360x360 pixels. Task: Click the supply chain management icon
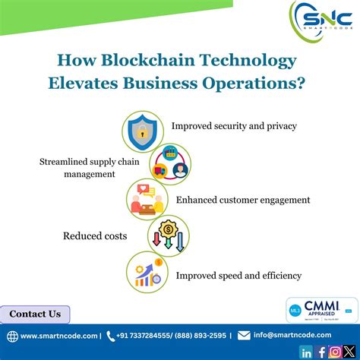[x=169, y=164]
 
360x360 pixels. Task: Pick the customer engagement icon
[x=147, y=201]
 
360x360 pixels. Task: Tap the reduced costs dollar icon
[x=168, y=235]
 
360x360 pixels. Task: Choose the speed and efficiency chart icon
[x=147, y=272]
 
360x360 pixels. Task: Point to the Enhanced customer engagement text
[x=243, y=200]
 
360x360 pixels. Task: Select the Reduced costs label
[x=94, y=236]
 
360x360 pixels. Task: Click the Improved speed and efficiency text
[x=238, y=276]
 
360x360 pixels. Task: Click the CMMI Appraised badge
[x=321, y=310]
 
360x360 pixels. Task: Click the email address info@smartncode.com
[x=292, y=335]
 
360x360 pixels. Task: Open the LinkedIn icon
[x=306, y=352]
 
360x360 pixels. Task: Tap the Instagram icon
[x=335, y=352]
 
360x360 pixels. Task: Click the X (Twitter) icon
[x=349, y=352]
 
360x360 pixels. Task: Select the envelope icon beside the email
[x=244, y=335]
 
